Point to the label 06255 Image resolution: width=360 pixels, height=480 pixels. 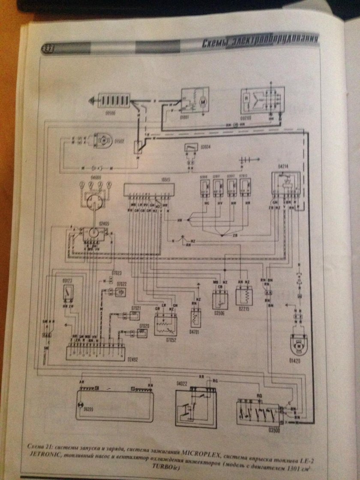tap(89, 408)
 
